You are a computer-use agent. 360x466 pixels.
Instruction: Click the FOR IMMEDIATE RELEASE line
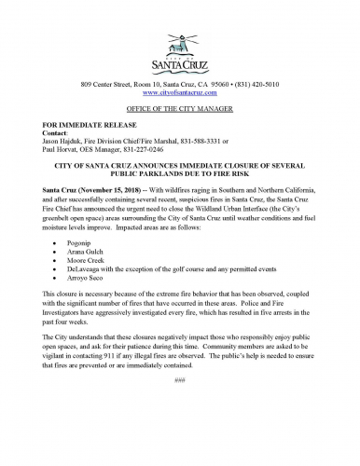[x=86, y=123]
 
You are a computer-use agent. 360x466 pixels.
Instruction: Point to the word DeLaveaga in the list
[x=94, y=253]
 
